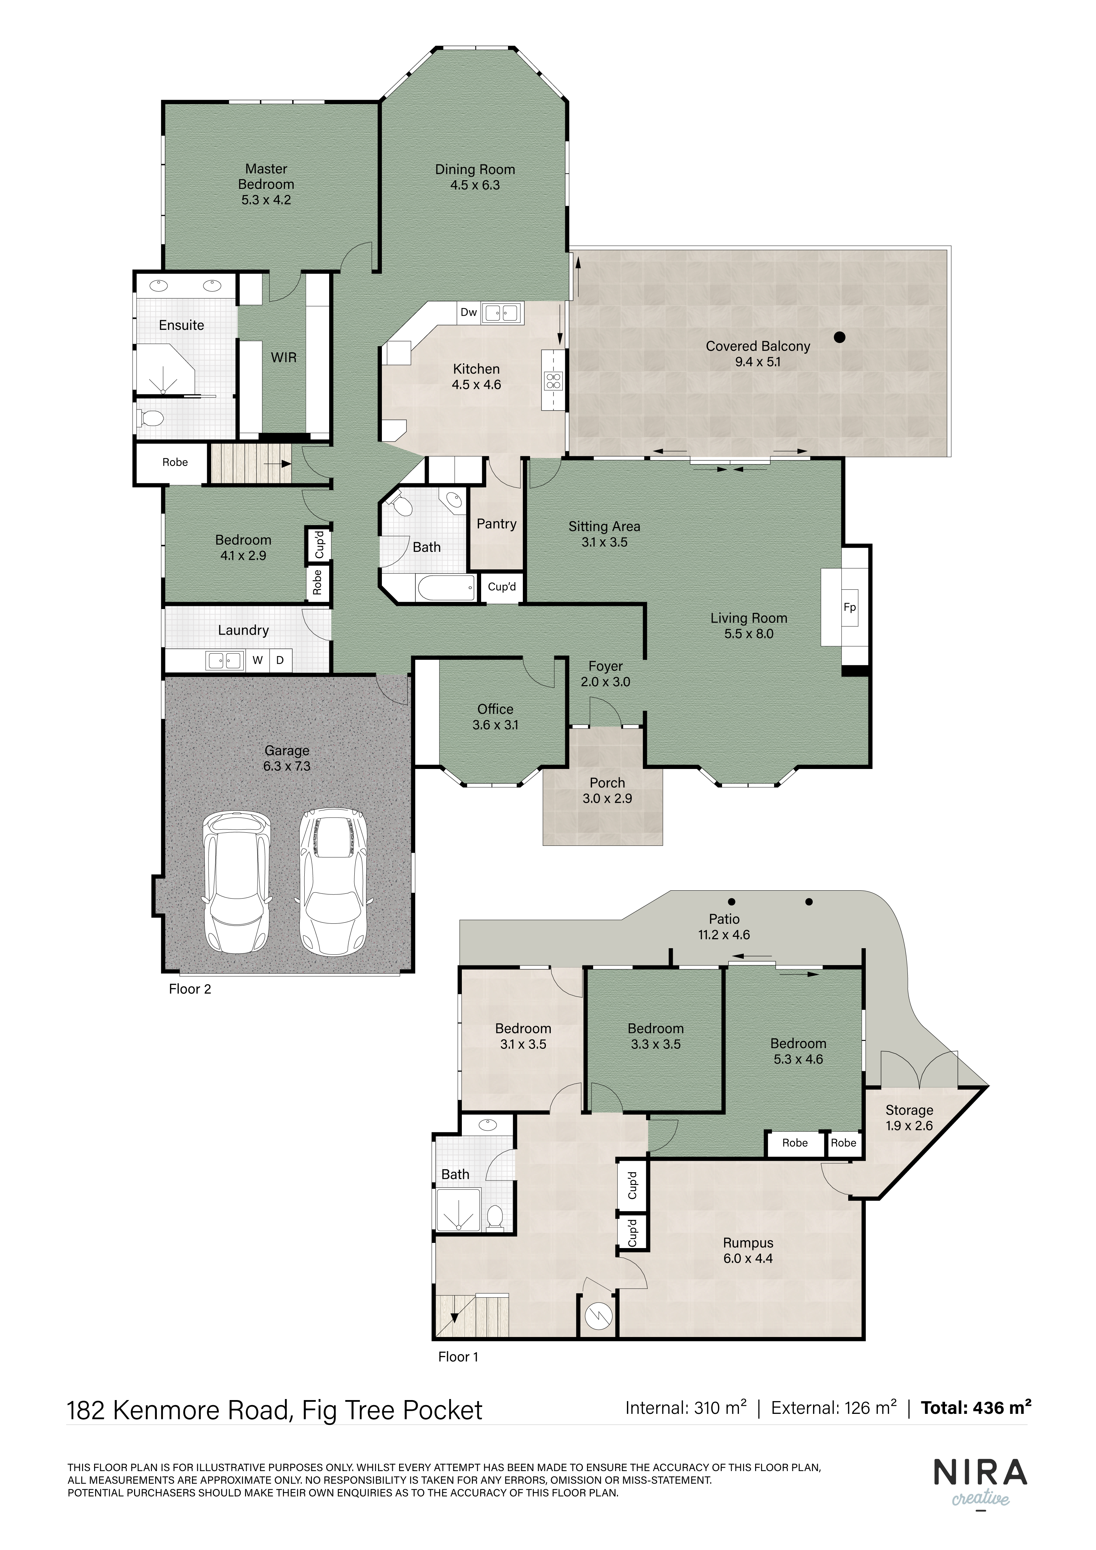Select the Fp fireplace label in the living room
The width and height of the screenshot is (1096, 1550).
[x=850, y=607]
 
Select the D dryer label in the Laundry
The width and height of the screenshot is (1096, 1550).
[x=280, y=660]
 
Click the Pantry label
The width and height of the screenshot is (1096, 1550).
[x=497, y=524]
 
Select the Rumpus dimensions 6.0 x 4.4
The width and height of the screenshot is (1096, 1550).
[x=748, y=1258]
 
